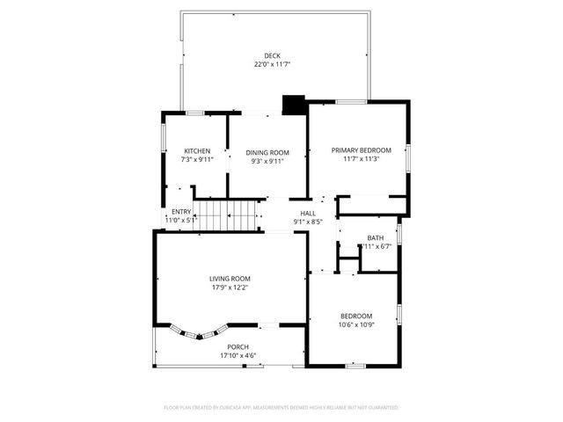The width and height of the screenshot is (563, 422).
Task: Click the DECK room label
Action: click(x=272, y=55)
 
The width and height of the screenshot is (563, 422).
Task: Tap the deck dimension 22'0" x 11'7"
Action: click(x=272, y=64)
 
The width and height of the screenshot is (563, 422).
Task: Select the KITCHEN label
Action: click(x=196, y=151)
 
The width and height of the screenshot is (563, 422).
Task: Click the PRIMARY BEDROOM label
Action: click(x=361, y=150)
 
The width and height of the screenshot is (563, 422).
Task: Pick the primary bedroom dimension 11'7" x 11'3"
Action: click(x=361, y=160)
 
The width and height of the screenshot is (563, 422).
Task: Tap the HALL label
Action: click(x=308, y=213)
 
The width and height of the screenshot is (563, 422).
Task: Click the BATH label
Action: click(x=376, y=237)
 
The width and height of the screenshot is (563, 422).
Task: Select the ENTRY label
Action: click(x=181, y=212)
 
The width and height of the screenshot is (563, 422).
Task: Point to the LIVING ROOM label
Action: click(x=230, y=279)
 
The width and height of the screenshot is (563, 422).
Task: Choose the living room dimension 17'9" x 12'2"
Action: click(x=230, y=287)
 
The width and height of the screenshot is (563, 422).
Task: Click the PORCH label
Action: click(x=238, y=347)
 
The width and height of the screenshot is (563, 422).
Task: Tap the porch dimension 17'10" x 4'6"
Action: click(x=238, y=356)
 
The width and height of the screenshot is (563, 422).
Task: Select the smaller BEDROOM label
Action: click(x=356, y=316)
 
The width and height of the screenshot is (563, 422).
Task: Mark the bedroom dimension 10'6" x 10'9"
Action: click(x=356, y=324)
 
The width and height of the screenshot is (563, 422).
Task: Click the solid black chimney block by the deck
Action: click(x=293, y=105)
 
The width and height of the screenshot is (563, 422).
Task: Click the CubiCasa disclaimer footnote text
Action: click(x=281, y=408)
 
